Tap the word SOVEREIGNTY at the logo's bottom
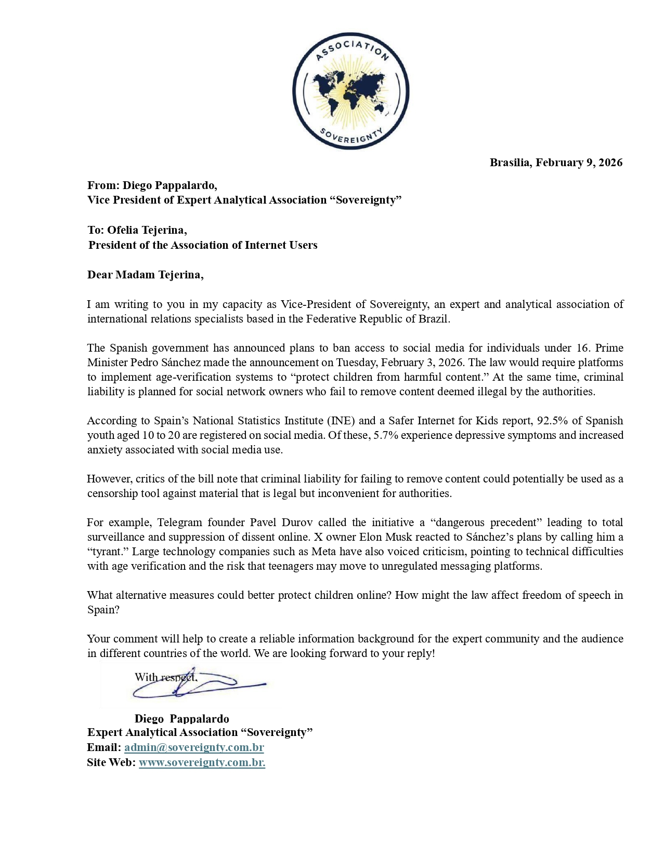pos(351,136)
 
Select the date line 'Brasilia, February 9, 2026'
pos(556,163)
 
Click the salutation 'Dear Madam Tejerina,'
pos(145,275)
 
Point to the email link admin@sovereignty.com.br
pos(194,747)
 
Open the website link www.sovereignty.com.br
pos(202,762)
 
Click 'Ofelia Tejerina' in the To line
pos(147,230)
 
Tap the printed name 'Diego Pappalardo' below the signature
pos(181,719)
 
